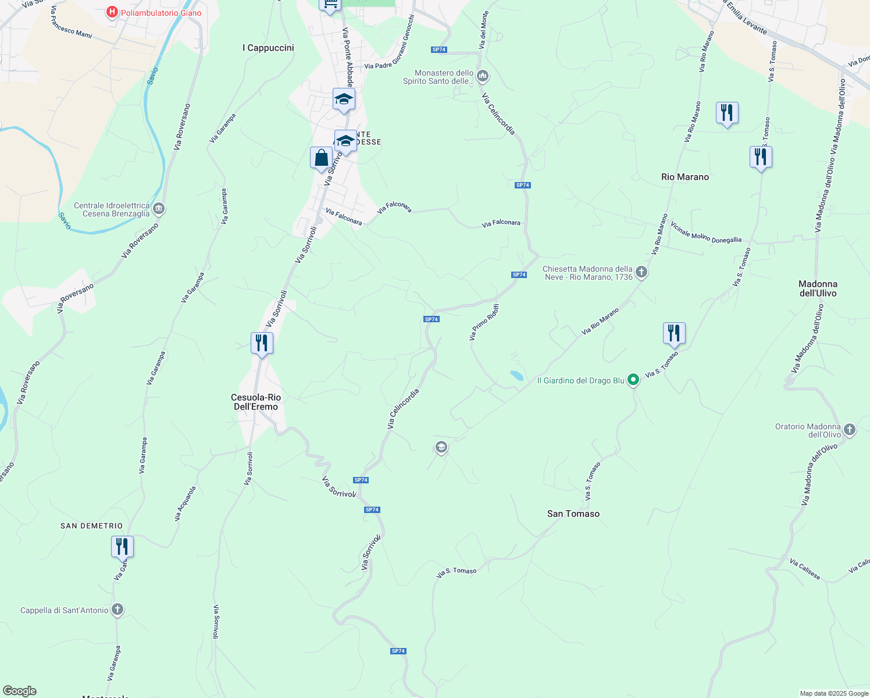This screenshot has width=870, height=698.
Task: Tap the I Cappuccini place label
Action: [x=268, y=48]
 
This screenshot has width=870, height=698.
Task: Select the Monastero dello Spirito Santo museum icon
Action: [x=482, y=76]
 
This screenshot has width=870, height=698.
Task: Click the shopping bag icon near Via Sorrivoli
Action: [x=321, y=158]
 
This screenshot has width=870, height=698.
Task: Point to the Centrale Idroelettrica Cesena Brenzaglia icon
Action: [x=159, y=209]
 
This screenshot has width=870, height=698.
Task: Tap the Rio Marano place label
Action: [x=685, y=177]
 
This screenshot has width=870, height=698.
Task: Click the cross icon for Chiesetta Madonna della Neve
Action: [x=641, y=272]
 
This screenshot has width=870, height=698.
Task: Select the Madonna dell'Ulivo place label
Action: [x=818, y=289]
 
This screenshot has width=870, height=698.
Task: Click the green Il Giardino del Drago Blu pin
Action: [x=633, y=380]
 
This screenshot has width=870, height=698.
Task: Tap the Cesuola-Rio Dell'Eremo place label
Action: [x=256, y=402]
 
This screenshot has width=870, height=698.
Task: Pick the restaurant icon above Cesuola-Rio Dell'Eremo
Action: [x=262, y=343]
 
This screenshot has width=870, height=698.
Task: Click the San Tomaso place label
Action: [x=573, y=514]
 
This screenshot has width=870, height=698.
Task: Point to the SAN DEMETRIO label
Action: [x=92, y=526]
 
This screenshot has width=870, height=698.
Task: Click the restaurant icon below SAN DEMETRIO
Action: [x=122, y=547]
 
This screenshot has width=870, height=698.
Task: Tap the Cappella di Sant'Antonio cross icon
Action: [x=117, y=610]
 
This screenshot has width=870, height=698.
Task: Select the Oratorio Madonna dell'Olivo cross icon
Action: [x=850, y=430]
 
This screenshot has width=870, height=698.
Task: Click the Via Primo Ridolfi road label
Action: [x=484, y=322]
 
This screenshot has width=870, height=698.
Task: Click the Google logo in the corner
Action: [x=19, y=691]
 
